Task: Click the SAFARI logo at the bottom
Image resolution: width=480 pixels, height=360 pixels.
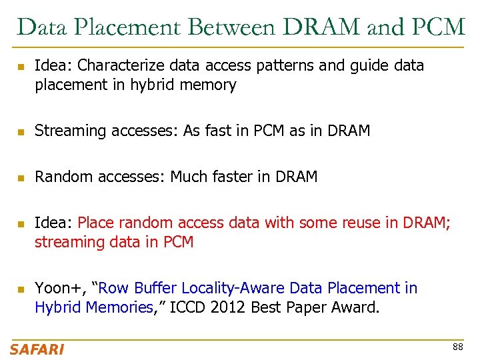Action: pos(37,349)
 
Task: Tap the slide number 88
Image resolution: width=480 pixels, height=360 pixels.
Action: pos(457,347)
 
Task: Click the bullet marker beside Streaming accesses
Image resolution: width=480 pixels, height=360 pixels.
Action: pos(21,132)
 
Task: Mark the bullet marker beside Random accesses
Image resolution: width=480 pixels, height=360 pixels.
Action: pos(21,178)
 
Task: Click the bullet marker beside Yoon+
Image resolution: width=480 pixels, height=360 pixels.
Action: pos(21,289)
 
